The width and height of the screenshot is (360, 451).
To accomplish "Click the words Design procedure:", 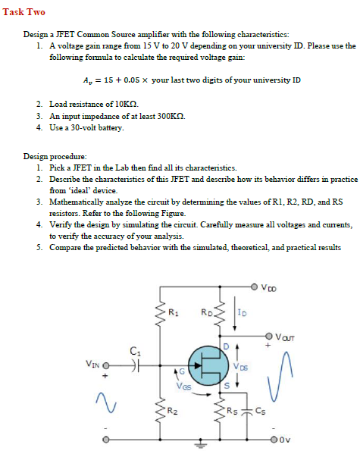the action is point(52,155).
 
